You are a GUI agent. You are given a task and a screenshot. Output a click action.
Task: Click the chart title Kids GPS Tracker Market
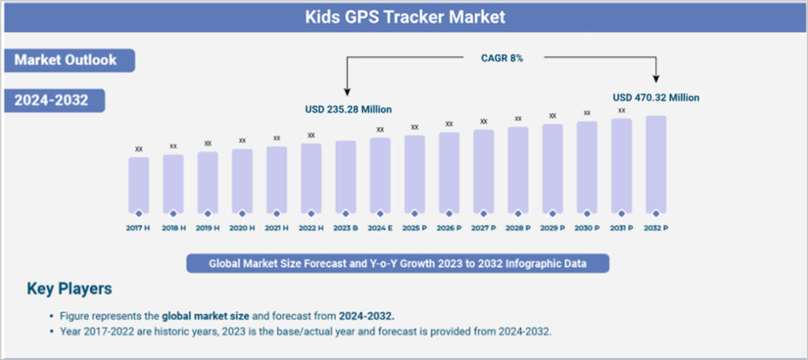pos(405,17)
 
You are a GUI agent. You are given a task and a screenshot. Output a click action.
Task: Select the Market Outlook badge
pos(68,60)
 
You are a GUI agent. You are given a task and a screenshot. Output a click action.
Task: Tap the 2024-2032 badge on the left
pos(54,100)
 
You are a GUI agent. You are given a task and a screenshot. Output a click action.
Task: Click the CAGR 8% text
pos(502,58)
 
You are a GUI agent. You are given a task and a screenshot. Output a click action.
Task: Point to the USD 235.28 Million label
pos(348,109)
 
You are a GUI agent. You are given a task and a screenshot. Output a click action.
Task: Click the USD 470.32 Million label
pos(656,98)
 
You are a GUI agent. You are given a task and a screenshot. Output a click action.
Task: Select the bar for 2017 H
pos(139,185)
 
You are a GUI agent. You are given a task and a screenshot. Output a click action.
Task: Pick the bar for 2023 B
pos(346,177)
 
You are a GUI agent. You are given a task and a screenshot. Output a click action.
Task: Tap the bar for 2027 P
pos(484,171)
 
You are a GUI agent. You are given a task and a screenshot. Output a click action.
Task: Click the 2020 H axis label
pos(242,227)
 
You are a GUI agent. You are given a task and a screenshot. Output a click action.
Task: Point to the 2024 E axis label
pos(380,227)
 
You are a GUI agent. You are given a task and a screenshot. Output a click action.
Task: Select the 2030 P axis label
pos(587,227)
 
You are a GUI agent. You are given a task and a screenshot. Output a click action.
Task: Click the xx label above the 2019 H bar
pos(208,144)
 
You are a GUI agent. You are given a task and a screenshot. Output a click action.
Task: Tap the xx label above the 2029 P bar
pos(552,115)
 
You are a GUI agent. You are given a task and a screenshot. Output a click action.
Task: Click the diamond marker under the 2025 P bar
pos(415,213)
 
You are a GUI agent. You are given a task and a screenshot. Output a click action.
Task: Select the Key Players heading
pos(69,288)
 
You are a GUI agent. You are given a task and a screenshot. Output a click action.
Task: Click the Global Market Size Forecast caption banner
pos(398,263)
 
